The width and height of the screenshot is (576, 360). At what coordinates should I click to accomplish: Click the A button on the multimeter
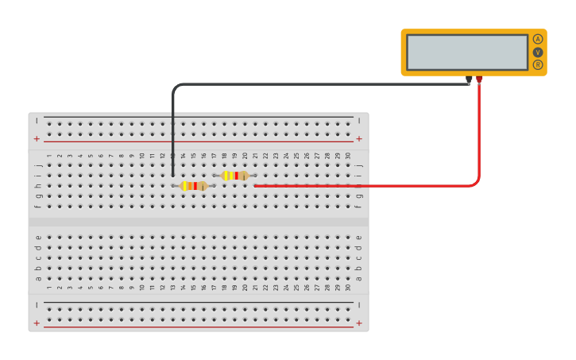[538, 39]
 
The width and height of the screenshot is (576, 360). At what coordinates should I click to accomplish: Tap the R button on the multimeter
[538, 64]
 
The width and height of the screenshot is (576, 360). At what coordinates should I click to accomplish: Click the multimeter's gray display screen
[467, 52]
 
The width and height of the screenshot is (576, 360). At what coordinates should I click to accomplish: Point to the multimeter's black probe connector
[470, 79]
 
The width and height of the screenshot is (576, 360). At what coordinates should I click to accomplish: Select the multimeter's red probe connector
[479, 79]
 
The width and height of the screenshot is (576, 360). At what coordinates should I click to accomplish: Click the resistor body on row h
[194, 186]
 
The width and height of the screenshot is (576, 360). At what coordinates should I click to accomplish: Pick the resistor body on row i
[235, 176]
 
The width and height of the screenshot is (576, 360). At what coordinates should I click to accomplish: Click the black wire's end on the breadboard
[173, 176]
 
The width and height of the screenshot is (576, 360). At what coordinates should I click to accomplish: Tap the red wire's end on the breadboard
[255, 186]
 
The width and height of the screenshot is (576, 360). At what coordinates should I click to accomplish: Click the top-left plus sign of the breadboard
[37, 138]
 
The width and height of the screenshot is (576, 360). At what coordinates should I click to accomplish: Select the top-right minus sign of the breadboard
[359, 121]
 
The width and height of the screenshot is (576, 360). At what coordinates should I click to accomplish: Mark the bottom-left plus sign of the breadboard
[37, 323]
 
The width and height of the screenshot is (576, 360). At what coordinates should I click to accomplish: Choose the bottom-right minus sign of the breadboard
[359, 304]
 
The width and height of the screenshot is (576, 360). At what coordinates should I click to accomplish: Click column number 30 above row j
[348, 156]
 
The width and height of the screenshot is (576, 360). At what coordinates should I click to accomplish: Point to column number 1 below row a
[49, 288]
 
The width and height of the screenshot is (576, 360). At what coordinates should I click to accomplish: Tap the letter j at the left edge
[38, 165]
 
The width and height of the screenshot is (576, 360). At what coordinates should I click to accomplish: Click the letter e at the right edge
[359, 237]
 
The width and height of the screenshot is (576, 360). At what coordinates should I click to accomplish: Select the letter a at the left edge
[38, 278]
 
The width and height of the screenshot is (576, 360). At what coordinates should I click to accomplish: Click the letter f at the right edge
[359, 207]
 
